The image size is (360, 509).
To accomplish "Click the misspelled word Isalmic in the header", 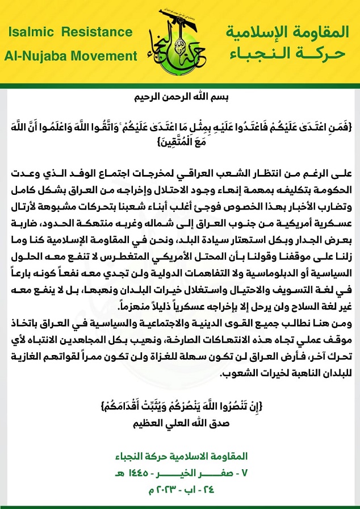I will click(30, 33).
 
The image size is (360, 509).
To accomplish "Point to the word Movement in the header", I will click(108, 56).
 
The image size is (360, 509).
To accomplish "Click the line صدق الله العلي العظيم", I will click(181, 422).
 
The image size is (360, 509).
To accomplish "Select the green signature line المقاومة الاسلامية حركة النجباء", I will click(180, 456).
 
